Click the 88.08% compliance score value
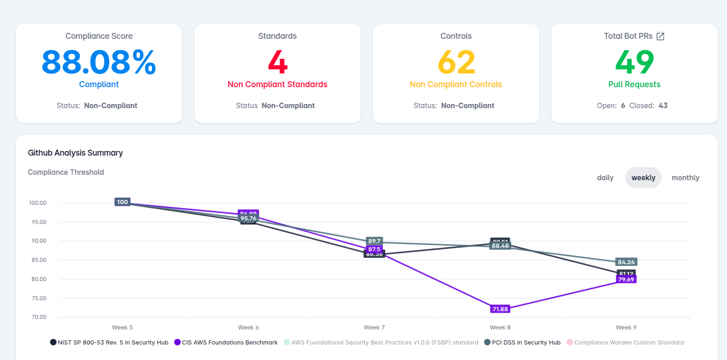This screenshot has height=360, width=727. coord(99,62)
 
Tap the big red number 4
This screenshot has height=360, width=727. coord(277,62)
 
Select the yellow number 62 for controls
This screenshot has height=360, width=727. coord(456,62)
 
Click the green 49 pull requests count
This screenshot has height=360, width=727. coord(634,62)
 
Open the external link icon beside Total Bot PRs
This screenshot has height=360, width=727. coord(660,36)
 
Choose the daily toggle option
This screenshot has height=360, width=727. coord(605,177)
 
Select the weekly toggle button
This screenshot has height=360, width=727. coord(643,177)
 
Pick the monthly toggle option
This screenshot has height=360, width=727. coord(685,177)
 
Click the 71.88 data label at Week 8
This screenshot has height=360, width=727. coord(500,309)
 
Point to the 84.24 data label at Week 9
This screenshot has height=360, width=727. coord(626,262)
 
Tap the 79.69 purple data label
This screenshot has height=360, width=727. coord(626,280)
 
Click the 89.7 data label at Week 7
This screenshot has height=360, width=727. coord(374,241)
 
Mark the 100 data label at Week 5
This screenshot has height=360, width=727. coord(122,202)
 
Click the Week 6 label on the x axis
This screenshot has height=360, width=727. coord(248,328)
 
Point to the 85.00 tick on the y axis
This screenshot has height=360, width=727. coord(39,260)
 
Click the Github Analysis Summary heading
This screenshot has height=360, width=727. coord(75,153)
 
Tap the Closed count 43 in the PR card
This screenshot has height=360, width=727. coord(663,105)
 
